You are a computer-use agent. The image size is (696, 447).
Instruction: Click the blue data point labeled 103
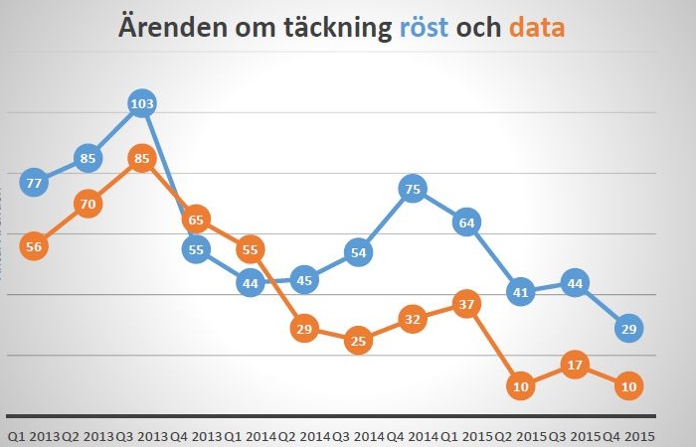pyautogui.click(x=142, y=103)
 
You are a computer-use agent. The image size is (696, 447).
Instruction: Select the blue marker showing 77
pyautogui.click(x=34, y=182)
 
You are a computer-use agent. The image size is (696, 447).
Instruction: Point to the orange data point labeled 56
pyautogui.click(x=34, y=248)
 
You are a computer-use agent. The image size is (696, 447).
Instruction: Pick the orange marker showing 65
pyautogui.click(x=196, y=220)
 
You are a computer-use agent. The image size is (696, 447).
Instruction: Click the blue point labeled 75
pyautogui.click(x=414, y=188)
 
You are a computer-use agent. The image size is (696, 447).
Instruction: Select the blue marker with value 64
pyautogui.click(x=466, y=223)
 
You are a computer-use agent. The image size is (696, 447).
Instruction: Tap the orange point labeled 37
pyautogui.click(x=466, y=304)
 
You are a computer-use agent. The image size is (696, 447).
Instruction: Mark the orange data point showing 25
pyautogui.click(x=359, y=341)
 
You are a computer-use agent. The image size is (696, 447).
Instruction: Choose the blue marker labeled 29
pyautogui.click(x=627, y=328)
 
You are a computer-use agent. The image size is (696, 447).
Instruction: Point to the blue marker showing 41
pyautogui.click(x=520, y=291)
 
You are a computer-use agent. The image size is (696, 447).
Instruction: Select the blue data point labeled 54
pyautogui.click(x=359, y=252)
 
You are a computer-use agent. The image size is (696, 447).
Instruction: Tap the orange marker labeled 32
pyautogui.click(x=414, y=319)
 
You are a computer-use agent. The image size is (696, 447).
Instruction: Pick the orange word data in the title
pyautogui.click(x=536, y=27)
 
